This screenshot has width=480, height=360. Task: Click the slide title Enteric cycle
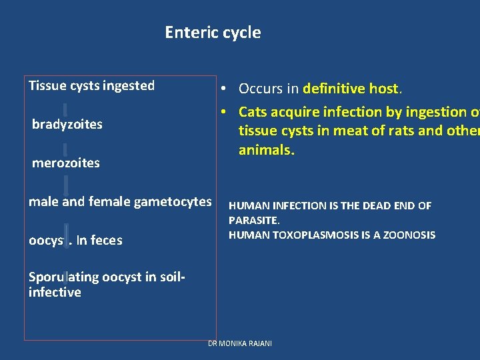[213, 33]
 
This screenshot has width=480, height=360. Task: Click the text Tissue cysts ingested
[91, 86]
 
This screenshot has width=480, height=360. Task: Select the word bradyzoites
[67, 125]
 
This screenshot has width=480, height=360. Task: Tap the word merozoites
[66, 163]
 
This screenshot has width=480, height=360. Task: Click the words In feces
[99, 241]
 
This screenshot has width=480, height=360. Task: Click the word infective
[55, 292]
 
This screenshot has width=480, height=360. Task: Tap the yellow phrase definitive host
[351, 89]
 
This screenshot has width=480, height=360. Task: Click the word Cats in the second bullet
[254, 112]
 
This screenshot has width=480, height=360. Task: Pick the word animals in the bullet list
[265, 150]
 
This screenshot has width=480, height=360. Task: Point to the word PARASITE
[253, 220]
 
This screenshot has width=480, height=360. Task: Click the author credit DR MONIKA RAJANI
[239, 343]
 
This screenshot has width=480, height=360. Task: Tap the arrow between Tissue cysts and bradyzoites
[65, 108]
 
